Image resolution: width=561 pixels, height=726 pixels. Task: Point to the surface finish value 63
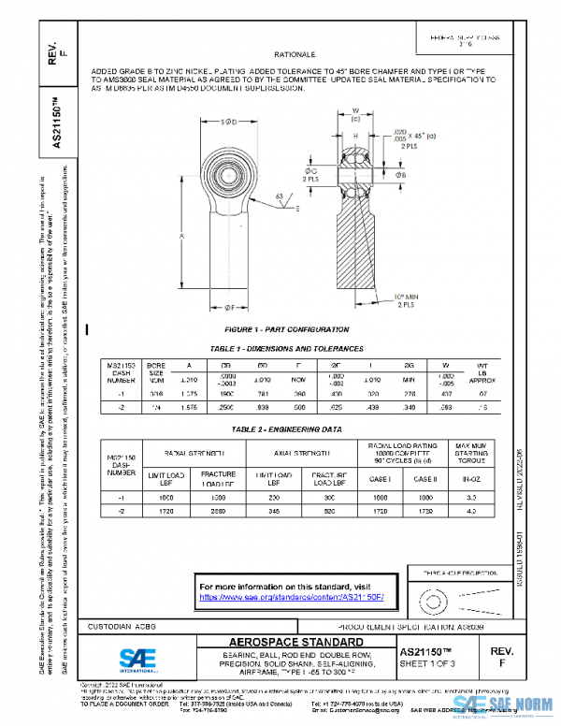(280, 196)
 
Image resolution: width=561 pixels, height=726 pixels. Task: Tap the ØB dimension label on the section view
(401, 175)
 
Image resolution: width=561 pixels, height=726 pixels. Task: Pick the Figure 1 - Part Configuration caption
(287, 329)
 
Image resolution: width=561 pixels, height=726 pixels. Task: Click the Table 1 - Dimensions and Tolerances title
(287, 348)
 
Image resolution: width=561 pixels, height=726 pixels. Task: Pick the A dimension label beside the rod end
(180, 238)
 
